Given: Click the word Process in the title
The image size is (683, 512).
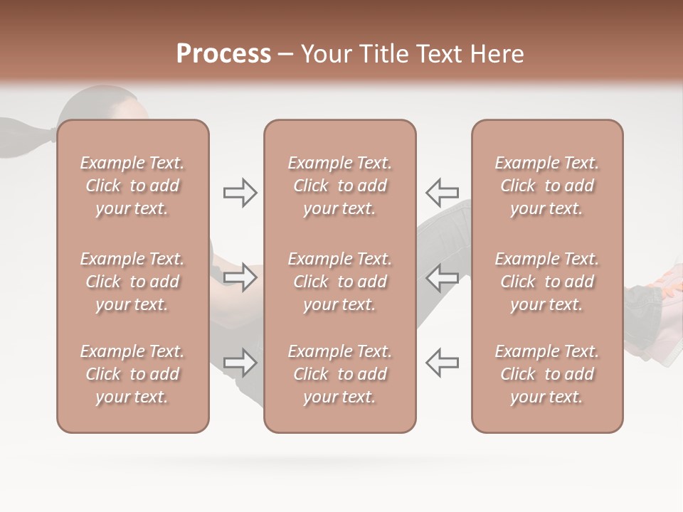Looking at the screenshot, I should [x=223, y=54].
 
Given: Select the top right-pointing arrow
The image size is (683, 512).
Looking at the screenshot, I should [x=240, y=193].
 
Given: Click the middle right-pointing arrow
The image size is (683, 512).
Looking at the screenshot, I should [x=240, y=277].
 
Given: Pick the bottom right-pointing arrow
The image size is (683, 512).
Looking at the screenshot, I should [x=240, y=362].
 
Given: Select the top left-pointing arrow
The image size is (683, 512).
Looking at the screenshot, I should [x=442, y=192].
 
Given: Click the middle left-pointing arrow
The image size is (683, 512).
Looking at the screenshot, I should [x=442, y=277].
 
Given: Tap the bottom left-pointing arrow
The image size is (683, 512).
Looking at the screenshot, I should [x=442, y=362].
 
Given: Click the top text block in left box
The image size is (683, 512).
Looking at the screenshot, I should [x=132, y=186].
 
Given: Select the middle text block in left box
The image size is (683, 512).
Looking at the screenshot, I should [x=132, y=282].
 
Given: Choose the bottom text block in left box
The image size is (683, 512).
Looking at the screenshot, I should [x=132, y=374].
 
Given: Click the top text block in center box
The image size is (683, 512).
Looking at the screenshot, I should [x=339, y=186].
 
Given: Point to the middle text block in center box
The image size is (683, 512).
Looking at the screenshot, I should [x=339, y=282].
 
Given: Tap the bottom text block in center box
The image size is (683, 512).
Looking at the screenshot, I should [x=339, y=374].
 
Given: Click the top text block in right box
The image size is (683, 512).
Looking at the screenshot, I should [x=546, y=186].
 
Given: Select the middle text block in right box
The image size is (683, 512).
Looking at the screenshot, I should [x=546, y=282].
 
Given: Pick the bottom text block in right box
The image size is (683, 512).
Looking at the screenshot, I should [x=546, y=374].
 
